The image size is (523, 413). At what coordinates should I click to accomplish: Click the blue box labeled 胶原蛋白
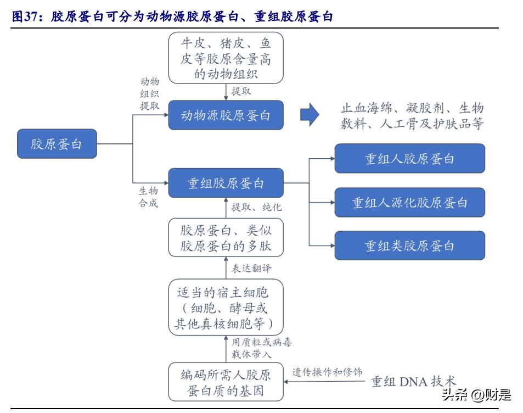coord(57,144)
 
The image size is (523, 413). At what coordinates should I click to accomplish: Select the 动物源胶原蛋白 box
coord(226,115)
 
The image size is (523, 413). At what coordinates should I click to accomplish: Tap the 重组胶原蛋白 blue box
coord(226,183)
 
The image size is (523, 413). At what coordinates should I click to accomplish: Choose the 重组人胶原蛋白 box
coord(409,159)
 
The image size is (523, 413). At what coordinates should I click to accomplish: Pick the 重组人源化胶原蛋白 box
coord(409,203)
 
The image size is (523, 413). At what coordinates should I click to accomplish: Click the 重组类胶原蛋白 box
coord(409,245)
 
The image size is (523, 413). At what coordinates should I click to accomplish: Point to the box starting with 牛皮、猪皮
coord(226,57)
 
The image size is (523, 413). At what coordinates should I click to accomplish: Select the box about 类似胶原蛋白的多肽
coord(226,238)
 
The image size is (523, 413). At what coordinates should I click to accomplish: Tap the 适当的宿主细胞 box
coord(226,306)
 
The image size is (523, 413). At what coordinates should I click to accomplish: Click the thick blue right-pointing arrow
coord(310,115)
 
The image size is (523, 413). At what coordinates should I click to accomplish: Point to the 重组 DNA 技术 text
coord(413,381)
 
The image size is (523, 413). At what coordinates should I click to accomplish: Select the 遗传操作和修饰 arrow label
coord(327,372)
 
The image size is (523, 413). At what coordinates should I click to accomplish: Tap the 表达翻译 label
coord(251,268)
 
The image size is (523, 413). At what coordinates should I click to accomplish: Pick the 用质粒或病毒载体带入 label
coord(261,348)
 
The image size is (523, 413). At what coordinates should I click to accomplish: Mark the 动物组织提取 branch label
coord(149,94)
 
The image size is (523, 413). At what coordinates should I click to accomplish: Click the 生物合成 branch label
coord(148,197)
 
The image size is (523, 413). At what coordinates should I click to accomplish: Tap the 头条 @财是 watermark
coord(476,394)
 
